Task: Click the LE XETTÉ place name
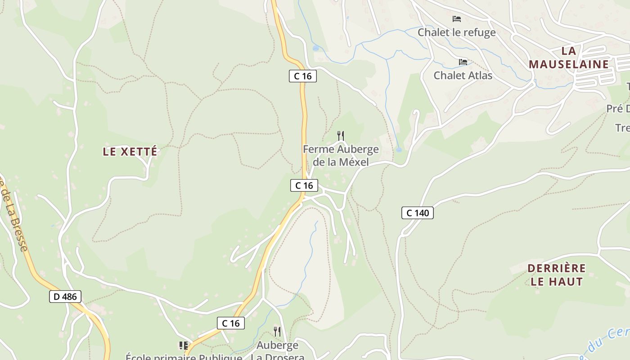(x=130, y=152)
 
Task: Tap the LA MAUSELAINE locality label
(x=569, y=58)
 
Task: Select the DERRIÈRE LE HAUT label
(x=557, y=275)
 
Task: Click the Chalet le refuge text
(x=456, y=32)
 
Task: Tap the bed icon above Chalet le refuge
(x=457, y=19)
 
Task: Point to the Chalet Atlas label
(x=463, y=75)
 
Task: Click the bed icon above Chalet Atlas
(x=463, y=62)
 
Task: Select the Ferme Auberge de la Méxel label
(x=341, y=155)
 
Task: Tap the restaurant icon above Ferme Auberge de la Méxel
(x=341, y=135)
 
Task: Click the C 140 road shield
(x=417, y=213)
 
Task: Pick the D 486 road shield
(x=65, y=297)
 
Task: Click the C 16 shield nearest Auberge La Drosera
(x=231, y=323)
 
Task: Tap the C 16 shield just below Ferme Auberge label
(x=304, y=185)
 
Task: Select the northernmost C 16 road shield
(x=302, y=76)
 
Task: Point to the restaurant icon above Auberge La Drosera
(x=277, y=332)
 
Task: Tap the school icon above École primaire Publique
(x=183, y=346)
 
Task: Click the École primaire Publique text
(x=184, y=357)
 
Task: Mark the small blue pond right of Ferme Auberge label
(x=399, y=149)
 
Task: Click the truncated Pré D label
(x=618, y=108)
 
